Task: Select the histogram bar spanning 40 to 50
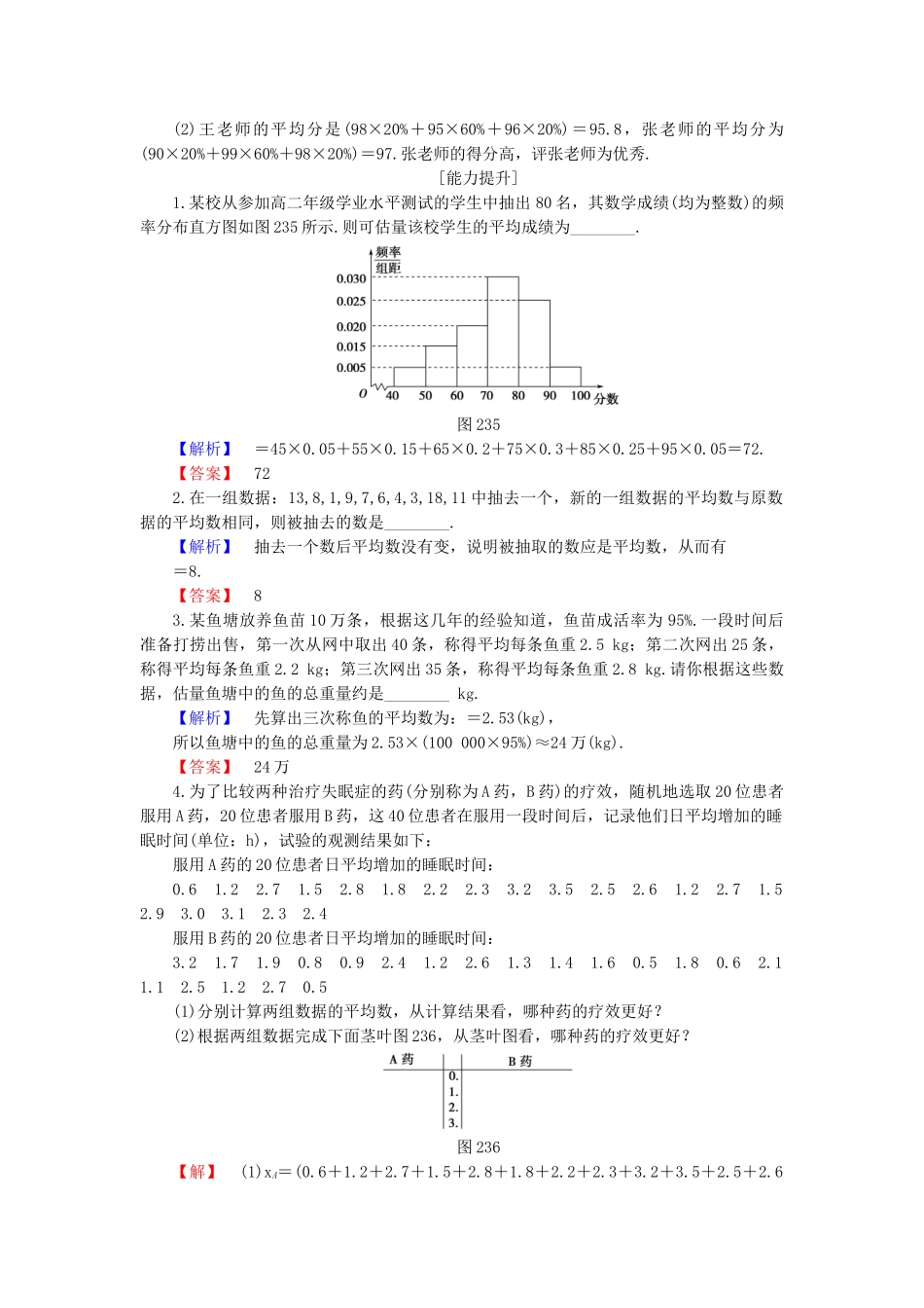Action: point(409,377)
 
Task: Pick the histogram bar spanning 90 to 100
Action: point(565,377)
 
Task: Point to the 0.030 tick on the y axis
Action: point(351,278)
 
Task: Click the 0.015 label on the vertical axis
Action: point(351,346)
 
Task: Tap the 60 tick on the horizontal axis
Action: point(456,396)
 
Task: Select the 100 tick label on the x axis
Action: point(581,396)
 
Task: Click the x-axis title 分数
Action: point(607,399)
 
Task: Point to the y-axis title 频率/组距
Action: point(388,260)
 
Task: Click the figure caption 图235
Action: point(479,424)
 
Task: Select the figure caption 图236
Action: point(479,1147)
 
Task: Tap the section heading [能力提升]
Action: point(479,178)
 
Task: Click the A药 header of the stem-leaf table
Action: point(402,1060)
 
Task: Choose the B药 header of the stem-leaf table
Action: point(519,1061)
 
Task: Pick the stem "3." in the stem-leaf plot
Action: point(453,1123)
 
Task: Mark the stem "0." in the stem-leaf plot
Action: point(453,1076)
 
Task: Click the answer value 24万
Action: point(271,767)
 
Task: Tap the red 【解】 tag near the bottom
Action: point(197,1172)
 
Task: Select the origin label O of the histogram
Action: point(363,394)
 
